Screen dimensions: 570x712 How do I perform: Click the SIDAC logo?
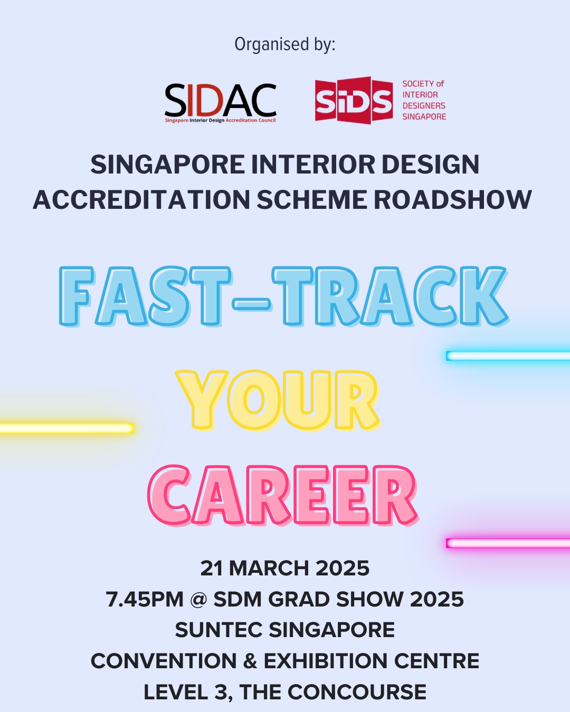[x=220, y=102]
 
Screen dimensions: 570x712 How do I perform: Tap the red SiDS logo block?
[x=354, y=100]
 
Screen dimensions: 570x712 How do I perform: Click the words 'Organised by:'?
[x=285, y=44]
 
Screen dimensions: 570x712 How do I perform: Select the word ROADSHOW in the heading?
[x=452, y=199]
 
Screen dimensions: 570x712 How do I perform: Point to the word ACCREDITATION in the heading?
[x=141, y=199]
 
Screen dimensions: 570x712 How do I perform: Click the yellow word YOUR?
[x=278, y=400]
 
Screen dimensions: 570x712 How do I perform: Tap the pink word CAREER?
[x=282, y=495]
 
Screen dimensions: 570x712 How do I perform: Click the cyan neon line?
[x=508, y=355]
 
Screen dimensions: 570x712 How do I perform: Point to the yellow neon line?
[x=67, y=428]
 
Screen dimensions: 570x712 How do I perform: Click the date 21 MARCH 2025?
[x=285, y=569]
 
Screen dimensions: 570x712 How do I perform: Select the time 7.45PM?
[x=145, y=599]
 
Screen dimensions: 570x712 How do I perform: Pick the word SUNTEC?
[x=218, y=630]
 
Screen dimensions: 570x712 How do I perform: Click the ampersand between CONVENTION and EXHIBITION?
[x=250, y=661]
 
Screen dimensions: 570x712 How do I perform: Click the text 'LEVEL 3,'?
[x=188, y=692]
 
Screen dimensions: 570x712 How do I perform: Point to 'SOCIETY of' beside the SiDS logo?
[x=423, y=84]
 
